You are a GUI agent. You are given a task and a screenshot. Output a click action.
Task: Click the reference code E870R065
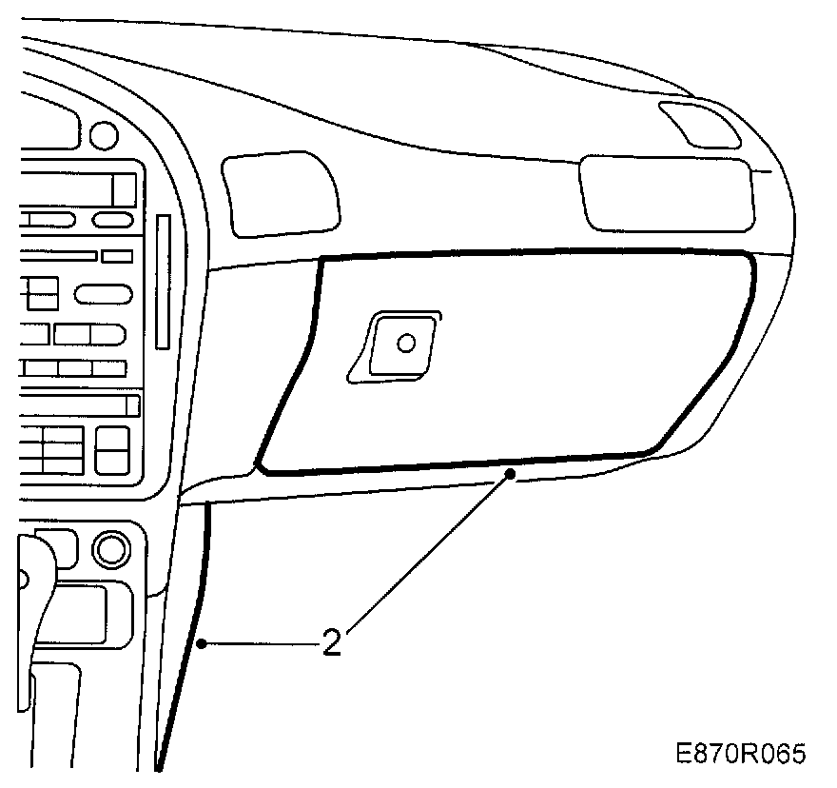(741, 754)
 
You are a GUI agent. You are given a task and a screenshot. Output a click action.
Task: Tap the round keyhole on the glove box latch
(406, 342)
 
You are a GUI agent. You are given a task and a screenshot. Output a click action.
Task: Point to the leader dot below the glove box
(511, 472)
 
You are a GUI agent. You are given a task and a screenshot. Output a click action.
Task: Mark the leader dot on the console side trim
(202, 644)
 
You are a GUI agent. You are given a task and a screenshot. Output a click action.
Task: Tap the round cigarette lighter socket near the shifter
(110, 549)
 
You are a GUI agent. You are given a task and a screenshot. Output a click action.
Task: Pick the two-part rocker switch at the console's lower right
(113, 449)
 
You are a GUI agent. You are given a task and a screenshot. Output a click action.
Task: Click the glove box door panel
(533, 362)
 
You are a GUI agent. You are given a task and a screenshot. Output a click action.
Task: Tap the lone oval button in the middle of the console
(104, 293)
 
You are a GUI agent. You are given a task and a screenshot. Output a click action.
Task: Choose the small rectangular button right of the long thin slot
(117, 256)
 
